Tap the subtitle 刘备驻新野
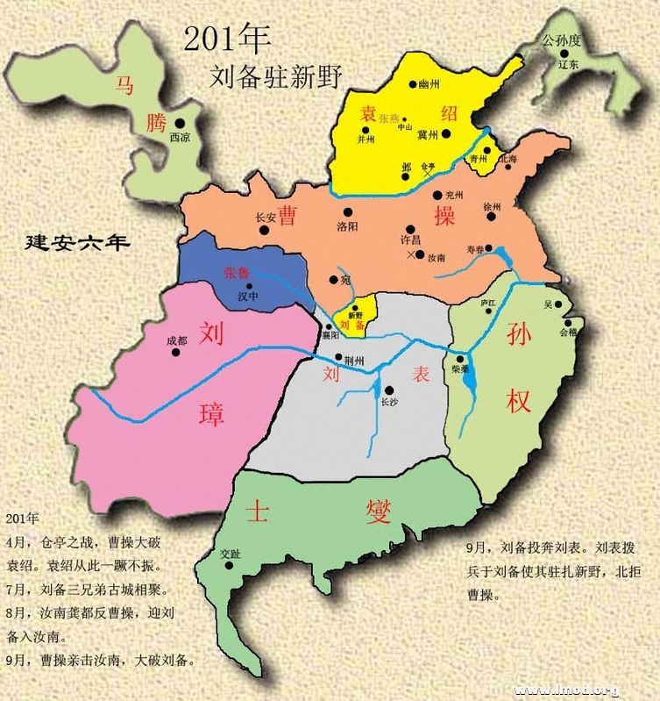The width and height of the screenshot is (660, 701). point(275,75)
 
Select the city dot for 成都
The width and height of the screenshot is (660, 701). point(176,353)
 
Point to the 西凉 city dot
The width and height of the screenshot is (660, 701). point(180,124)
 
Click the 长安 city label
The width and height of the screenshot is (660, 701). point(266,218)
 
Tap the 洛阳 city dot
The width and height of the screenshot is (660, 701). point(347,211)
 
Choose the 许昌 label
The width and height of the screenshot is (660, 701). point(410,240)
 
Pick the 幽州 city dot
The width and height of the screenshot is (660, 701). point(412,85)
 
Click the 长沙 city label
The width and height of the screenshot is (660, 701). point(389,402)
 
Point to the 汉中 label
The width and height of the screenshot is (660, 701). point(250,297)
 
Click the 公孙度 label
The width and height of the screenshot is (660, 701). point(560,40)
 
